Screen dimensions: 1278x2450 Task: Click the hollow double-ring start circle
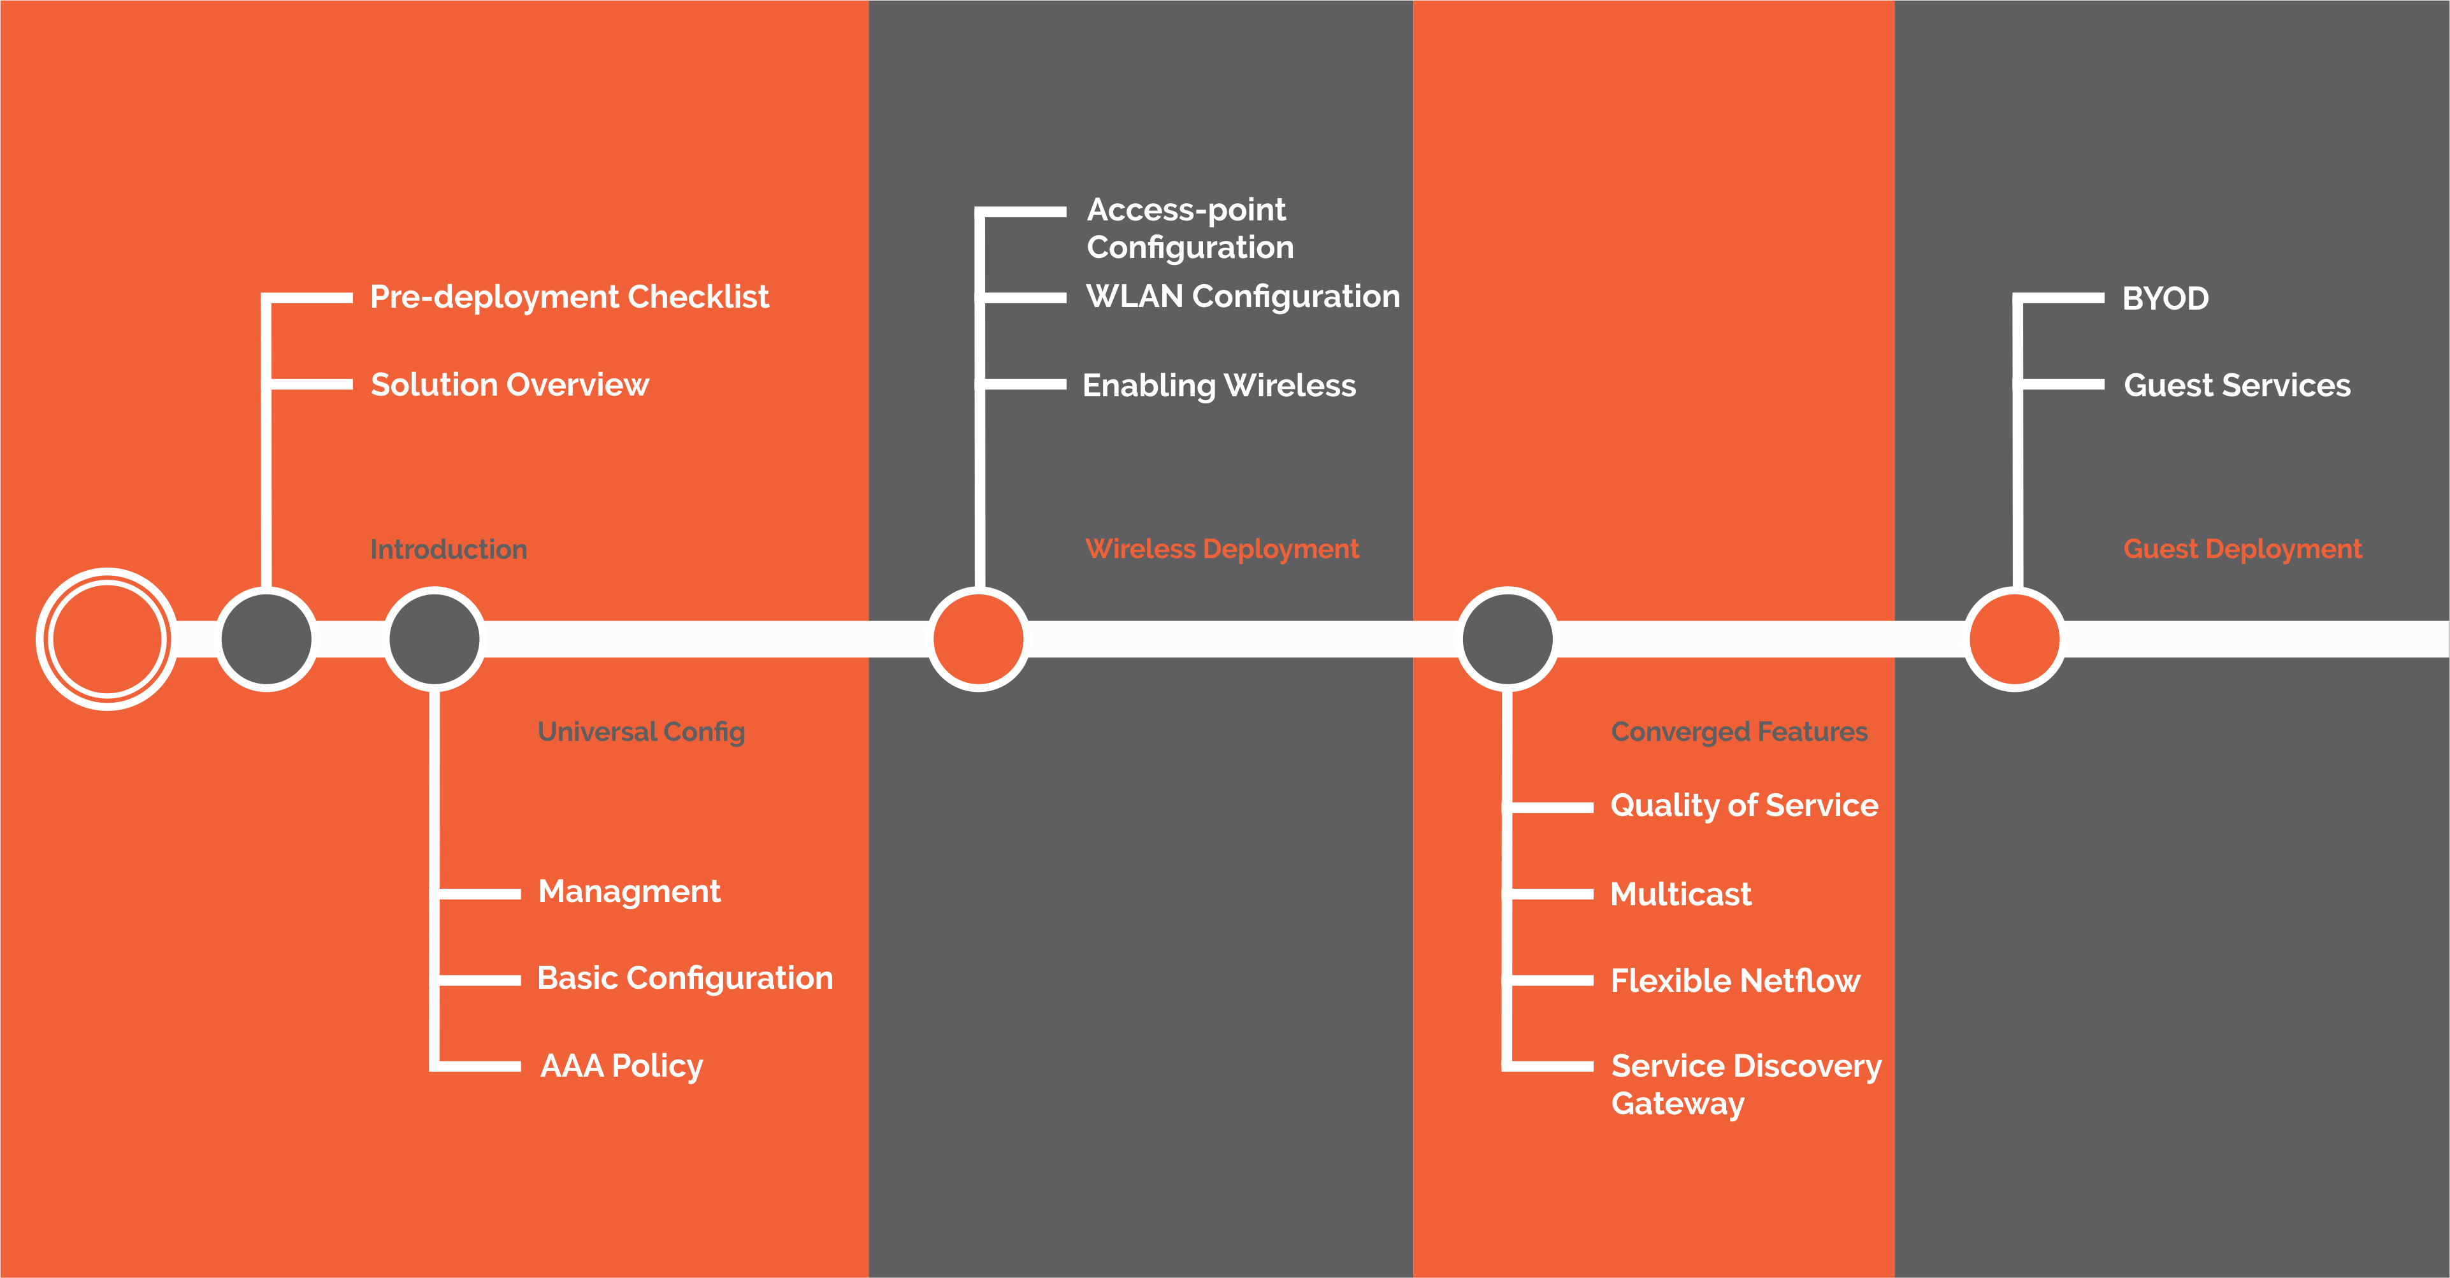click(106, 639)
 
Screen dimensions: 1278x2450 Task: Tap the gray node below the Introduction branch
click(266, 639)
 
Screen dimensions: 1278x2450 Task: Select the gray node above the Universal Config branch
click(435, 639)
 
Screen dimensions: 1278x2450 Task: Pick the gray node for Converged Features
click(1508, 639)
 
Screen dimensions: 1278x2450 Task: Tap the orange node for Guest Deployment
click(2014, 639)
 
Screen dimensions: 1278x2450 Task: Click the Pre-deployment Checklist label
click(569, 298)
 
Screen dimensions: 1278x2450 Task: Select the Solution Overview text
click(509, 385)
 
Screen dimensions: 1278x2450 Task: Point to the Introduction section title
click(448, 550)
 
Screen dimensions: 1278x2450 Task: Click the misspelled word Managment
click(629, 892)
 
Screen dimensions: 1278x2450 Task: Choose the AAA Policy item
click(621, 1066)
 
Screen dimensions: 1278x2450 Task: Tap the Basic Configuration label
click(685, 979)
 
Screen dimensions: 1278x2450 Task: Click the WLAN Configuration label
click(1242, 297)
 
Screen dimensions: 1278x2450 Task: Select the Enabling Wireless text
click(1218, 385)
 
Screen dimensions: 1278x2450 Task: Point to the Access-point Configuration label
click(1190, 228)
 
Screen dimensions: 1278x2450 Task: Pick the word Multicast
click(1680, 894)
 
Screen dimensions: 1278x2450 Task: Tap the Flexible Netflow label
click(1735, 980)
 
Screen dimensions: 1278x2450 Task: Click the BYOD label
click(2165, 299)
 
